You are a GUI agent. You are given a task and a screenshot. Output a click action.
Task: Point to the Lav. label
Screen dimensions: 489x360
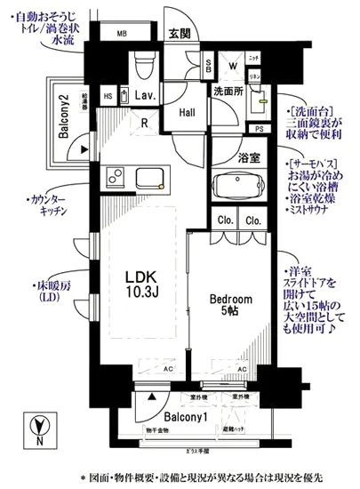tap(146, 96)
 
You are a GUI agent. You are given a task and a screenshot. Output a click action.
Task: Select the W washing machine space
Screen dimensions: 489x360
tap(231, 64)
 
